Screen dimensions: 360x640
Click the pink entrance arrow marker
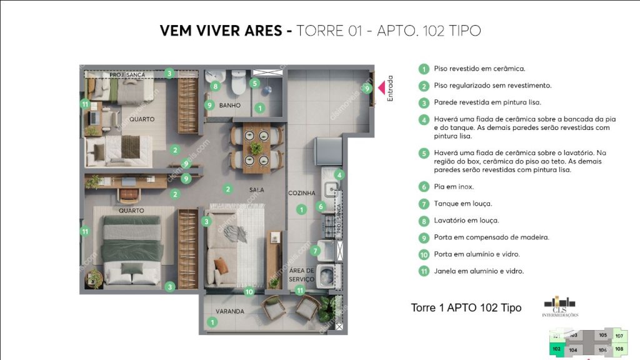coord(381,88)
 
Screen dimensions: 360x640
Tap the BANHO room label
coord(229,106)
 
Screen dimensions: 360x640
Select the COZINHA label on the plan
coord(301,193)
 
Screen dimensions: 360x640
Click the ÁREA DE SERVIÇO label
coord(301,275)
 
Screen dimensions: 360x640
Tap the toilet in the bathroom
coord(238,82)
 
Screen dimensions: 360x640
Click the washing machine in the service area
coord(326,274)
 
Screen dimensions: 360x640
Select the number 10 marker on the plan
coord(249,291)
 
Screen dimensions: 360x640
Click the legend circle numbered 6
coord(424,187)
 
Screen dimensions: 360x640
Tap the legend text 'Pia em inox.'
coord(454,187)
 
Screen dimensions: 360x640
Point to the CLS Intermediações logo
coord(560,306)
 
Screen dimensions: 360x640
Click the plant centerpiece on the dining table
coord(256,148)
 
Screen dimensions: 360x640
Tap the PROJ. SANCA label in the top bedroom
coord(127,75)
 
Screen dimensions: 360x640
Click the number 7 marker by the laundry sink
coord(316,251)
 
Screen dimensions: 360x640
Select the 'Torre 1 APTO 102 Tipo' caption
coord(466,308)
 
